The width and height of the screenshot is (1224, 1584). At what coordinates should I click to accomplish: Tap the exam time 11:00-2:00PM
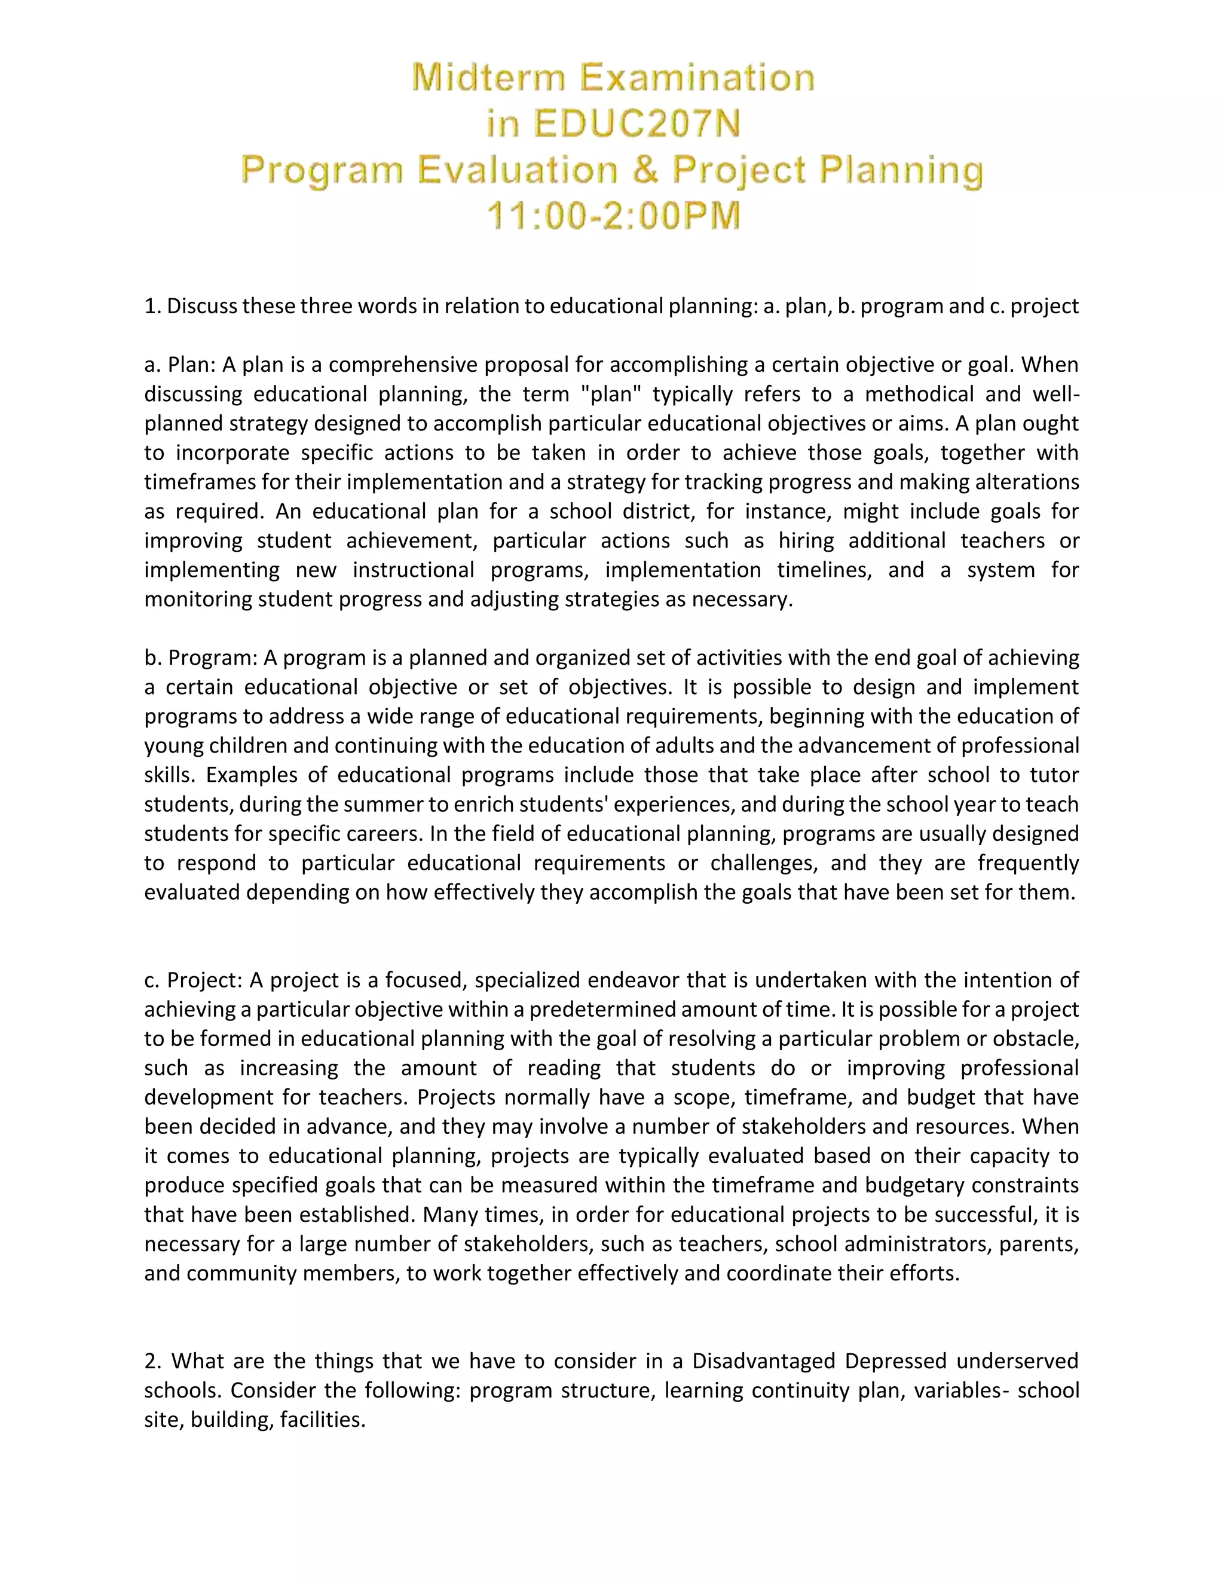pos(613,216)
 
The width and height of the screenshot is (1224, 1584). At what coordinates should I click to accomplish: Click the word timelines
pos(824,570)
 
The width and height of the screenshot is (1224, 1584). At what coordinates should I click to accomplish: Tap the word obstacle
pos(1033,1039)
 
